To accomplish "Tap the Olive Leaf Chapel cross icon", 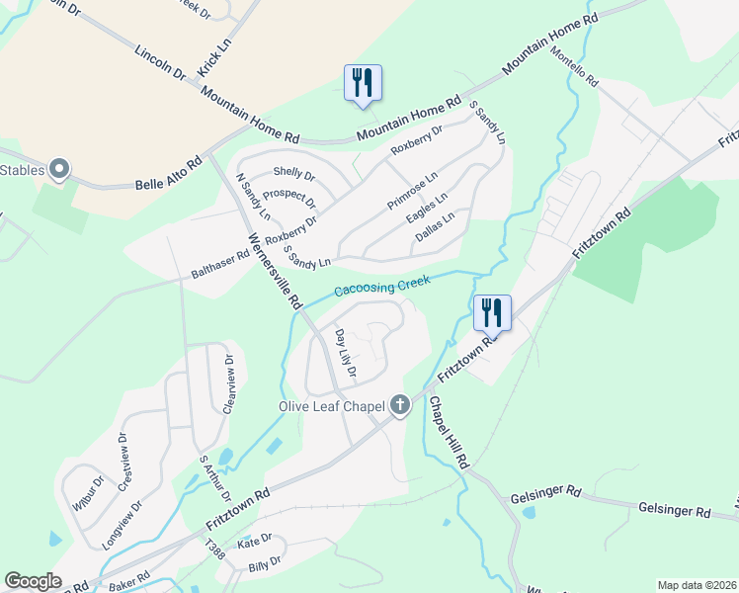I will point(400,404).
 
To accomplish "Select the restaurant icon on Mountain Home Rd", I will point(363,83).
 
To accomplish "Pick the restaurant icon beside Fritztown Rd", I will point(492,312).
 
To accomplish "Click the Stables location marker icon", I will point(59,170).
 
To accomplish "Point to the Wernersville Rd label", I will point(274,273).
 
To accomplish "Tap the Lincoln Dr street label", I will point(160,60).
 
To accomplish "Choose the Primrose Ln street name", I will point(413,188).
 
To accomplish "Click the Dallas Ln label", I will point(435,226).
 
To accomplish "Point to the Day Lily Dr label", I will point(345,357).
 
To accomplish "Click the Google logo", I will point(33,581).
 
